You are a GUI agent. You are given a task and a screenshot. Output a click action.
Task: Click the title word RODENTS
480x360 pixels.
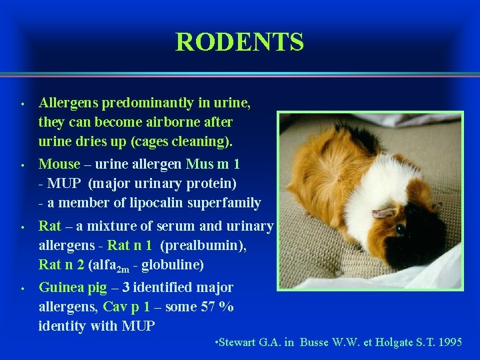[x=239, y=42]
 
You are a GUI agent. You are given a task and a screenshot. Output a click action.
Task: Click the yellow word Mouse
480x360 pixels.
[x=59, y=163]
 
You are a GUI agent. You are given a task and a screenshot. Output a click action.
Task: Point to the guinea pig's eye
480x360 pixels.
[x=400, y=229]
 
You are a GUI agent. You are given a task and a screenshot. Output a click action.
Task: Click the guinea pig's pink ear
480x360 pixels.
[x=384, y=213]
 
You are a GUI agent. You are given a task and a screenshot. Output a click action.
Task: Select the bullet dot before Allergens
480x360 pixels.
[x=22, y=104]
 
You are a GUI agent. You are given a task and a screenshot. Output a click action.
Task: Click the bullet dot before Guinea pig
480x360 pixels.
[x=22, y=289]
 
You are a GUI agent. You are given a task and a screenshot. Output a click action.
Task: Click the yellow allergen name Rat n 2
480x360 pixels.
[x=61, y=265]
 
